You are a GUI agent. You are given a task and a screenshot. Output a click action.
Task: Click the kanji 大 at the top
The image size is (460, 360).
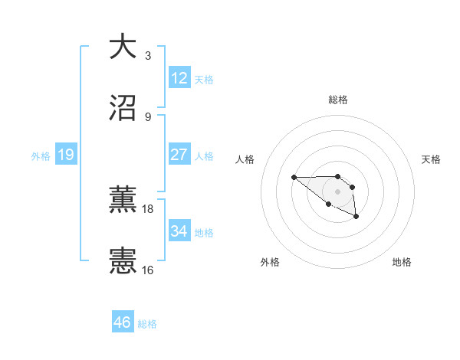(x=123, y=47)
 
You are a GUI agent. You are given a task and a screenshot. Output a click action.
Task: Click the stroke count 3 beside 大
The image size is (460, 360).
(x=148, y=56)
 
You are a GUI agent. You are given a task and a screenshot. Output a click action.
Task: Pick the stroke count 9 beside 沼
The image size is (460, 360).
(x=148, y=117)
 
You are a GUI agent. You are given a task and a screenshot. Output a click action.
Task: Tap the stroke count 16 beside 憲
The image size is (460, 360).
(x=148, y=270)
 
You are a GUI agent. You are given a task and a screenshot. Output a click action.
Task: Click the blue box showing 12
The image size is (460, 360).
(x=179, y=78)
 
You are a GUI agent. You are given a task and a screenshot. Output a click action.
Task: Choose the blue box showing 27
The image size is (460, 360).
(x=179, y=155)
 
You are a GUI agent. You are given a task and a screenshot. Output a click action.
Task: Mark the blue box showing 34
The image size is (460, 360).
(x=179, y=231)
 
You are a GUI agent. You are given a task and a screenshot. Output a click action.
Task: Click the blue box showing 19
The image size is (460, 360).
(x=66, y=155)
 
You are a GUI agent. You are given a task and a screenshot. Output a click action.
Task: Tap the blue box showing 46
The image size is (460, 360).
(x=123, y=322)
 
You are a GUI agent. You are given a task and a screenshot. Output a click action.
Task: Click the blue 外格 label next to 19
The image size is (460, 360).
(x=41, y=156)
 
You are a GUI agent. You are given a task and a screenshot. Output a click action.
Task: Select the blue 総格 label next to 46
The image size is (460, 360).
(x=147, y=324)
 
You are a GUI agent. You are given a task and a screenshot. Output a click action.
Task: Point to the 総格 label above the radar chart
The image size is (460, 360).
(x=338, y=100)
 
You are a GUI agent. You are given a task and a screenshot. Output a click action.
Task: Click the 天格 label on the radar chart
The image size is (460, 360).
(x=432, y=159)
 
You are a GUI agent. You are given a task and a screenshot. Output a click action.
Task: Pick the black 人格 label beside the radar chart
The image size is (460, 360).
(x=245, y=159)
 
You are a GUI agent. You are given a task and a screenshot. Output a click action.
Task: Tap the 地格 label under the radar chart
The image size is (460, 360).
(x=402, y=263)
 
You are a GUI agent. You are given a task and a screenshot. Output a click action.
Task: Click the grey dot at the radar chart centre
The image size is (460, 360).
(x=338, y=191)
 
